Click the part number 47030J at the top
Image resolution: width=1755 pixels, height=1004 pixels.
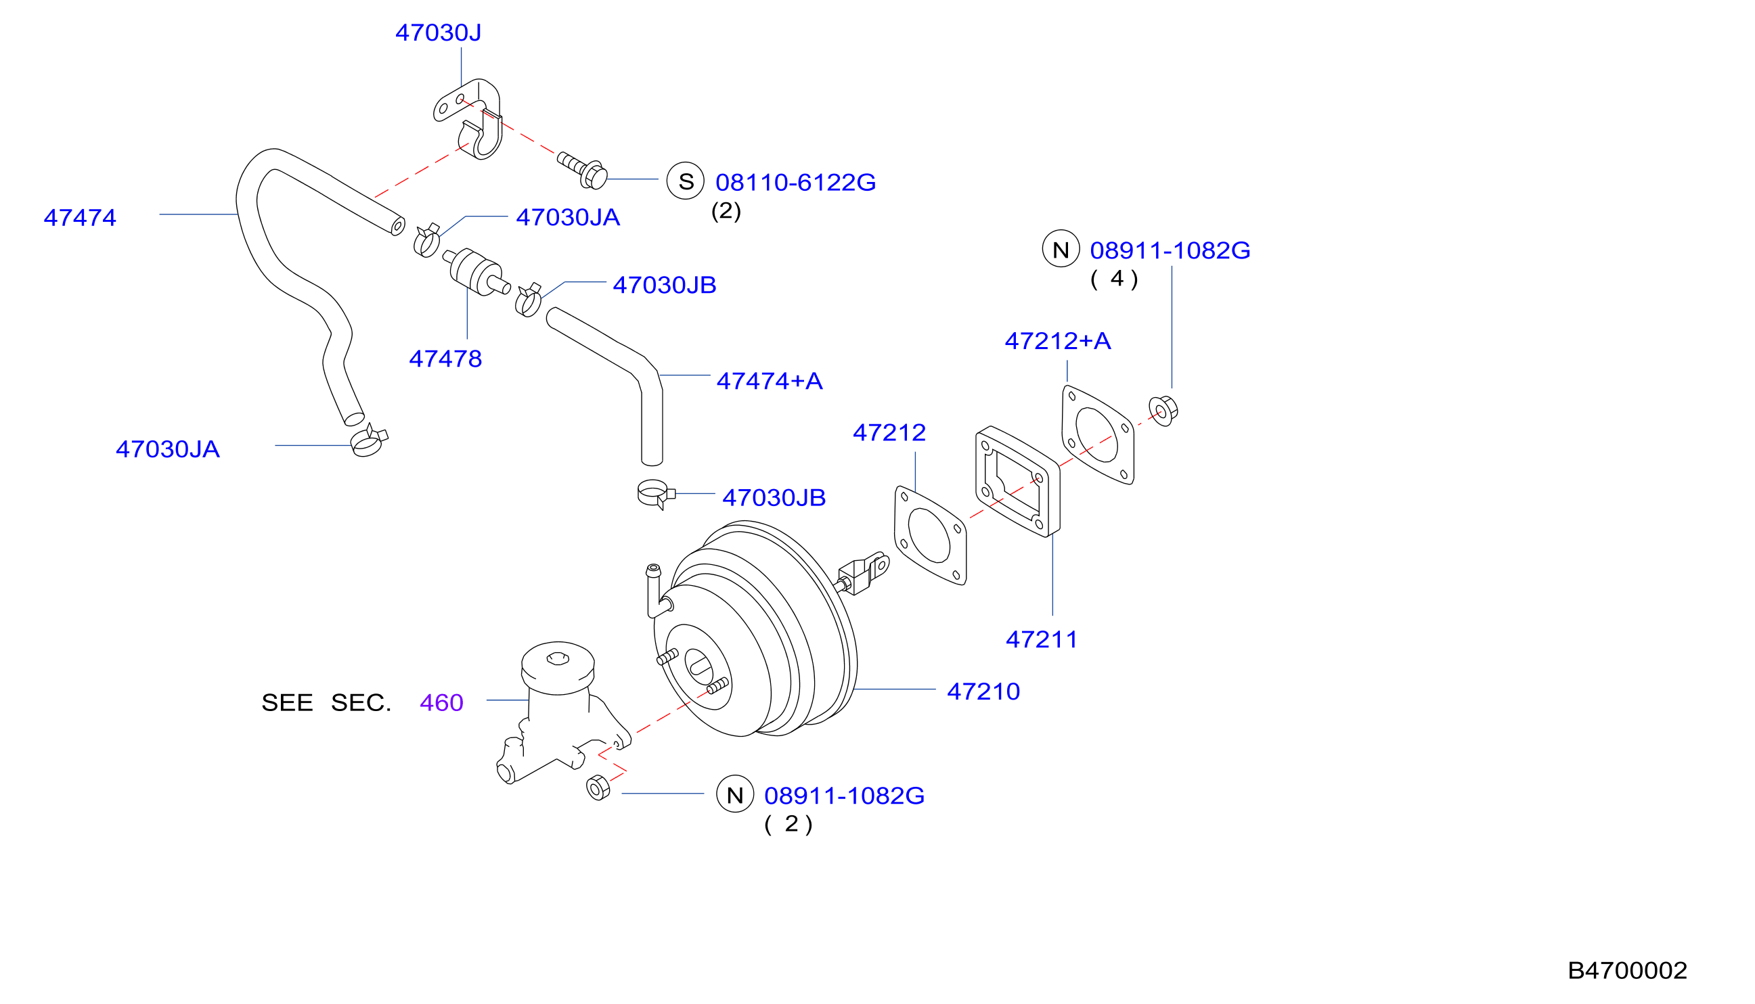[x=438, y=32]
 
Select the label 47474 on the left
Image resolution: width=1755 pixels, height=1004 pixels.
[x=80, y=218]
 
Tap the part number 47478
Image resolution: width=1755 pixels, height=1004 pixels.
[x=445, y=359]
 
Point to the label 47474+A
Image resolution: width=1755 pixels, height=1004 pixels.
[x=769, y=381]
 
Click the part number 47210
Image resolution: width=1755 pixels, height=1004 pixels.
[x=983, y=691]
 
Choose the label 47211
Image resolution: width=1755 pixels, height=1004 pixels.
[x=1041, y=639]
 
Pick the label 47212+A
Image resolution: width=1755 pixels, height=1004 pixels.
[x=1058, y=341]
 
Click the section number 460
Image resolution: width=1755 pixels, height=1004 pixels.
[x=441, y=703]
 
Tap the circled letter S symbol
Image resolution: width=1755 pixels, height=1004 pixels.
[x=685, y=181]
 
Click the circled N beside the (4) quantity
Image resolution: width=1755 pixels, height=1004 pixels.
[x=1061, y=249]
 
